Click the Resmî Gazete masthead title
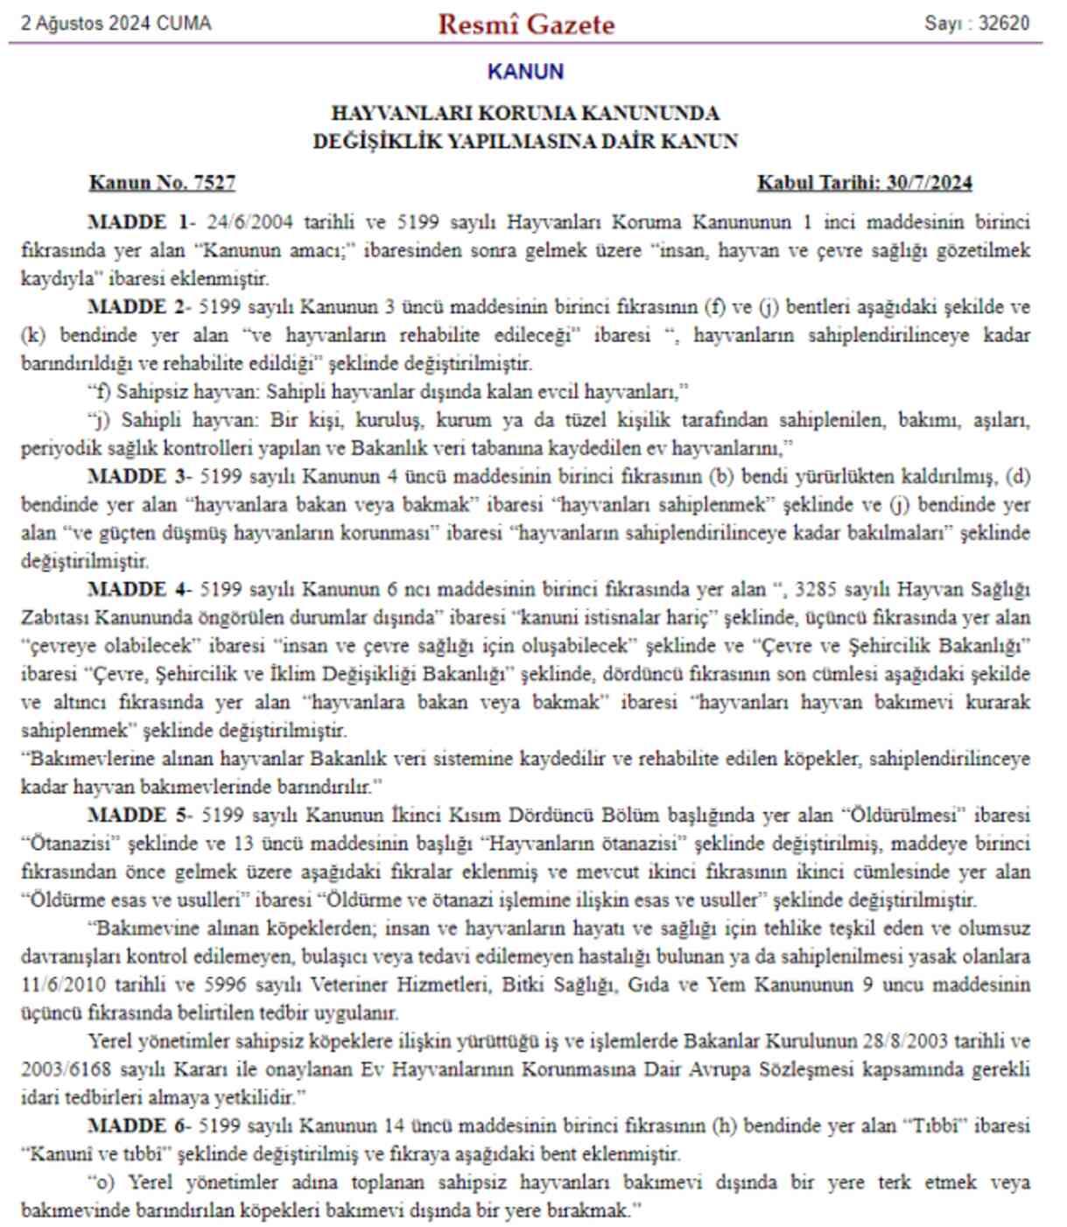pyautogui.click(x=526, y=24)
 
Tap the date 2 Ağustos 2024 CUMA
pyautogui.click(x=116, y=24)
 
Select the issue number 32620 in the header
pyautogui.click(x=1003, y=24)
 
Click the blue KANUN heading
pyautogui.click(x=525, y=72)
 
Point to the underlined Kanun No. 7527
pyautogui.click(x=162, y=183)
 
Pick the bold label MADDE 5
pyautogui.click(x=137, y=816)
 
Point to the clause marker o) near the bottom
pyautogui.click(x=102, y=1182)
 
